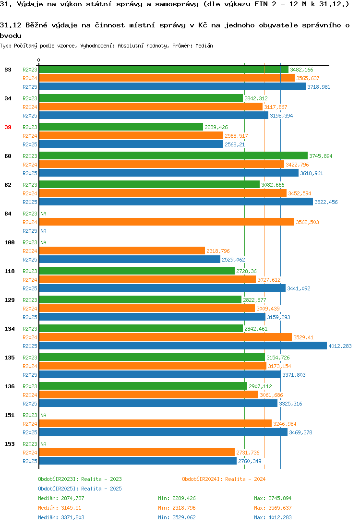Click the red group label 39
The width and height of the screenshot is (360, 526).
8,127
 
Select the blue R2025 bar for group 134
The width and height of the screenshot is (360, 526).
183,346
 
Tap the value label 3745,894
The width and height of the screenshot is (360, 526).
321,156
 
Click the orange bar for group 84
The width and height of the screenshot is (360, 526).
167,222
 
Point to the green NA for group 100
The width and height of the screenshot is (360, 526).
43,242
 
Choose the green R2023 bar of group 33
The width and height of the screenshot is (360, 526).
164,70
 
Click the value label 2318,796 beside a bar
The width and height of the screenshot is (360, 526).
218,251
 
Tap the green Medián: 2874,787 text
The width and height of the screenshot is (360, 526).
61,498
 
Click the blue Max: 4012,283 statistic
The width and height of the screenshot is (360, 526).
273,517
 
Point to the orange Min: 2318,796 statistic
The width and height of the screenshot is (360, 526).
177,508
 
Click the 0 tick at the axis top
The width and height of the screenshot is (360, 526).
38,60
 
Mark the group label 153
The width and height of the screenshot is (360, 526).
10,444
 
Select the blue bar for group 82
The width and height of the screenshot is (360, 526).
176,202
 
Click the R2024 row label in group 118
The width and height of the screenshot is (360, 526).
30,280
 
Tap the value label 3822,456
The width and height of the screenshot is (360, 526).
326,202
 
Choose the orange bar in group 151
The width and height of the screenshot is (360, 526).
156,424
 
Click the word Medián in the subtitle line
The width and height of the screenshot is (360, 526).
204,46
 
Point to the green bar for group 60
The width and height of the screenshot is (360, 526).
173,155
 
